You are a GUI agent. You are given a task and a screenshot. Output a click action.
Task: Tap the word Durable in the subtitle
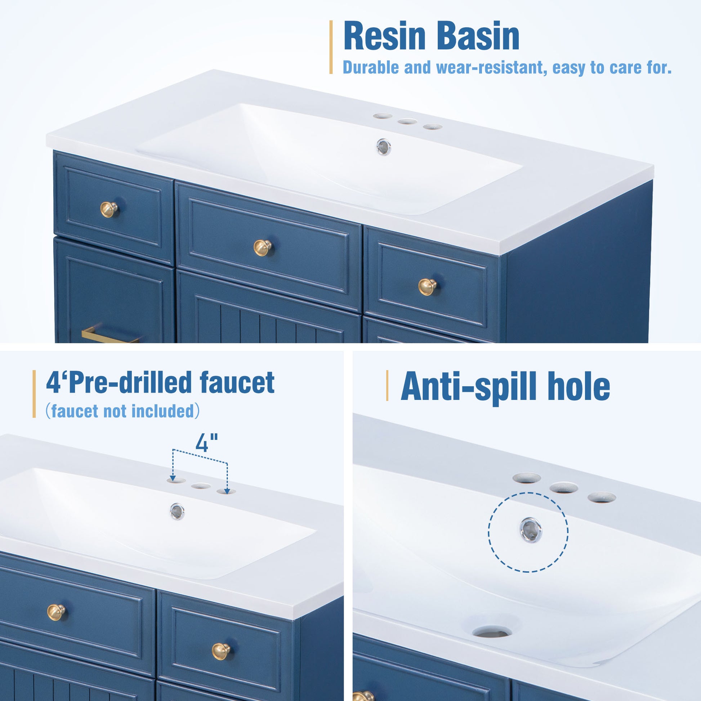click(370, 67)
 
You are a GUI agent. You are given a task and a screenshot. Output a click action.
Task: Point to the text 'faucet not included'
click(122, 411)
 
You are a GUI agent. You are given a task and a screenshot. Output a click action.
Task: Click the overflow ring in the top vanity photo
click(384, 147)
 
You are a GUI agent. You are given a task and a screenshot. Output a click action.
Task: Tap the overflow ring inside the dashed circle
click(531, 530)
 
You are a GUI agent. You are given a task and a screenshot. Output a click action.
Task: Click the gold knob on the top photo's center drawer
click(262, 248)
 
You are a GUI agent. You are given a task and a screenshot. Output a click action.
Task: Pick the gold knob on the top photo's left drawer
click(109, 209)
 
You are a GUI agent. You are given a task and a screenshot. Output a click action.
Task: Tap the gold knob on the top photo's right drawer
click(428, 287)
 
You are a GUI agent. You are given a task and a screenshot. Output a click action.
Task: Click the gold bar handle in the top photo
click(109, 337)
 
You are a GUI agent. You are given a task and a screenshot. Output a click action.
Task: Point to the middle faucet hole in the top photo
click(407, 121)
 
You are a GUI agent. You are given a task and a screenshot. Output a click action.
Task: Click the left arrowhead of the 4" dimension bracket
click(173, 478)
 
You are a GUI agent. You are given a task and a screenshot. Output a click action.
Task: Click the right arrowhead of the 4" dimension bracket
click(227, 491)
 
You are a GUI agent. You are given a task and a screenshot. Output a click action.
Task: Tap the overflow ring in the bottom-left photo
click(177, 511)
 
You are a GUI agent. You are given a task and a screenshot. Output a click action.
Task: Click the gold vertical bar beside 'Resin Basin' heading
click(331, 47)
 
